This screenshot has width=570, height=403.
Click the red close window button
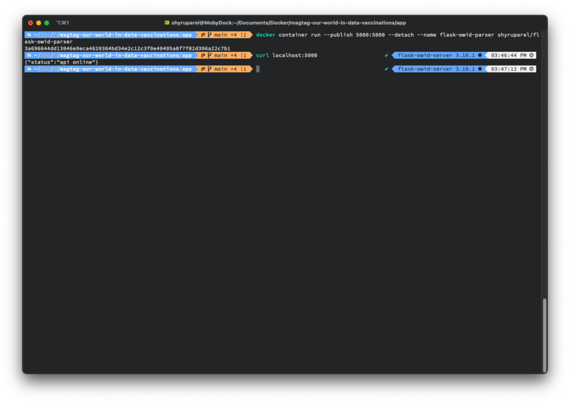[x=30, y=23]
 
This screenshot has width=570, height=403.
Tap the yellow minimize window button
[x=38, y=23]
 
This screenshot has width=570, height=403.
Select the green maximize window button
[x=47, y=23]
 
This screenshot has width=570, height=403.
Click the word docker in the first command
[x=265, y=35]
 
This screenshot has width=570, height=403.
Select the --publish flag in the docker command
[x=338, y=35]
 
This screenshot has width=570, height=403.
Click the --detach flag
[x=401, y=35]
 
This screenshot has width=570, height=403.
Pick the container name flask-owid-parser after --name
[x=466, y=35]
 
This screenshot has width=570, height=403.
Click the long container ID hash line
[x=127, y=48]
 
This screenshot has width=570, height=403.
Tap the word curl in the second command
[x=262, y=55]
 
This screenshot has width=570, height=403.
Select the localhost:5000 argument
[x=294, y=55]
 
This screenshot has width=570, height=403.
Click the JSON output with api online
[x=62, y=62]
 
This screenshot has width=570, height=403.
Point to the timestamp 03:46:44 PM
[x=508, y=55]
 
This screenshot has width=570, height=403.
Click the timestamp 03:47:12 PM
[x=508, y=69]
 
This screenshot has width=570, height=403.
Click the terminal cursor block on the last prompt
[x=258, y=69]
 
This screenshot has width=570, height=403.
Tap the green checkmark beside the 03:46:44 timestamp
[x=386, y=55]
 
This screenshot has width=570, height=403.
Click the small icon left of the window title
[x=167, y=23]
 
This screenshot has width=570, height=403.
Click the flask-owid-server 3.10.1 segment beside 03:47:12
[x=436, y=69]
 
